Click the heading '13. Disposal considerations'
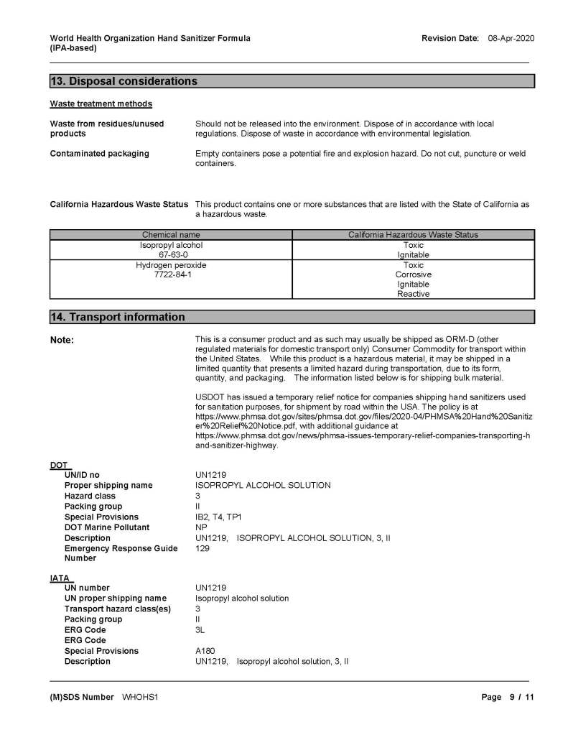click(123, 81)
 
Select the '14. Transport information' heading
click(117, 317)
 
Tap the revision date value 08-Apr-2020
click(511, 38)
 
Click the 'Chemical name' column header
click(171, 235)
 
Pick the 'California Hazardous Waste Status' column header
click(413, 235)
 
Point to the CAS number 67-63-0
click(171, 254)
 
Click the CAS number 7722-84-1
click(171, 274)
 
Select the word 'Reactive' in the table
click(413, 294)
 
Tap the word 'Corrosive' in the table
click(413, 274)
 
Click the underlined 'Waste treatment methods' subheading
click(101, 104)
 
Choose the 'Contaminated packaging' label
click(99, 153)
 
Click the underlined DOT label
click(60, 464)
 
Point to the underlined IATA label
click(61, 577)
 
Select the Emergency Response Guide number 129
click(202, 548)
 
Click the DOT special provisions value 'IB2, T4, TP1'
click(218, 517)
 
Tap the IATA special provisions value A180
click(205, 651)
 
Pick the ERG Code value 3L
click(200, 630)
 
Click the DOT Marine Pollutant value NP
click(201, 527)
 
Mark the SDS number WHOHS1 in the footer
click(140, 697)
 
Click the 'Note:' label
click(62, 340)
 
